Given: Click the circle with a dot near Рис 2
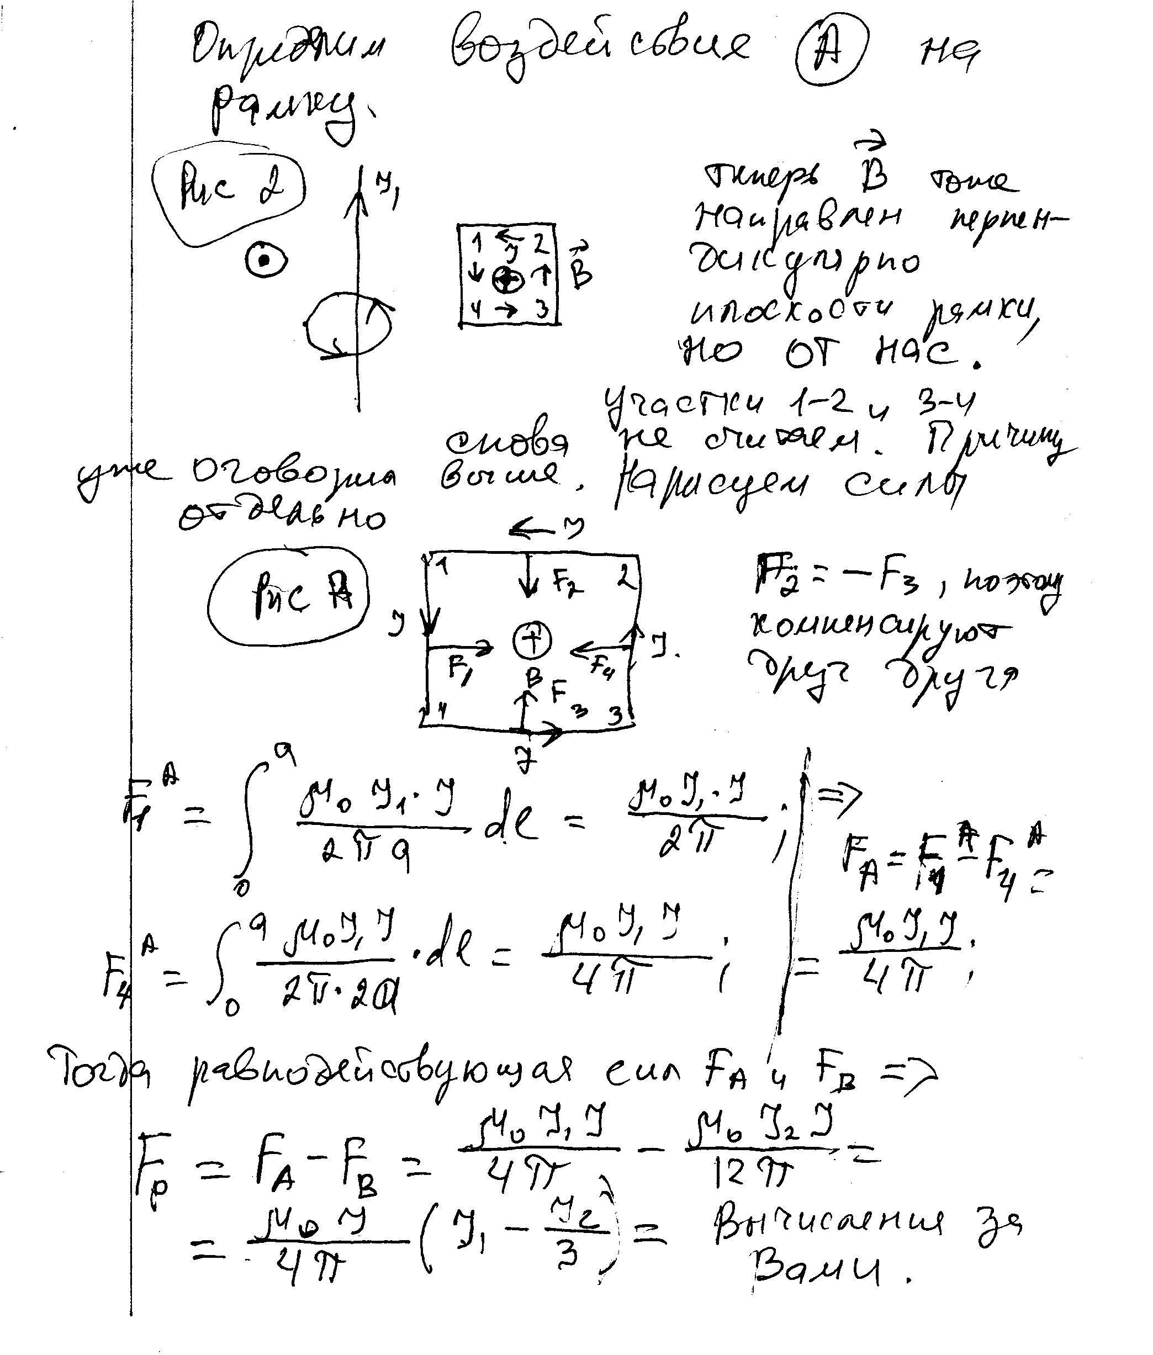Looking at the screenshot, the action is click(x=265, y=261).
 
